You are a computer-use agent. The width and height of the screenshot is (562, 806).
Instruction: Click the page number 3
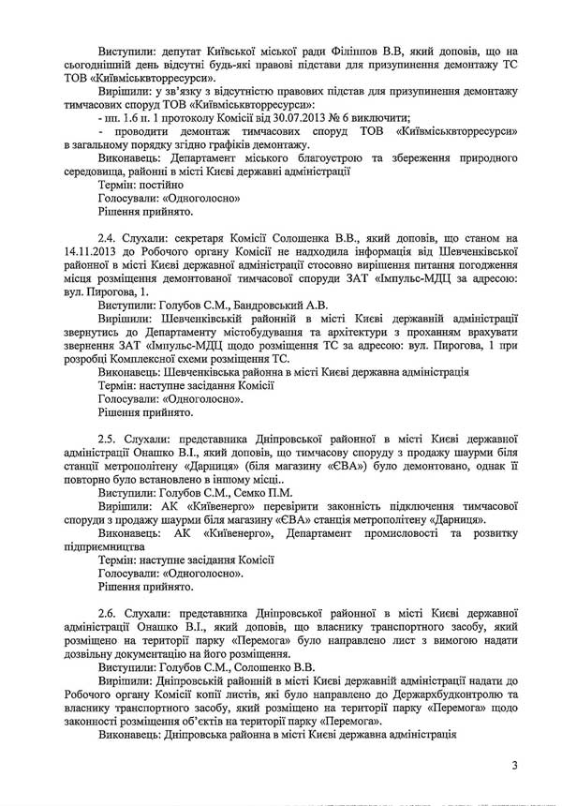514,768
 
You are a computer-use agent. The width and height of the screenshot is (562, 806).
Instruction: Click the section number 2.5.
109,438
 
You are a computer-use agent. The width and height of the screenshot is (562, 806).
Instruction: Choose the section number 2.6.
109,611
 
